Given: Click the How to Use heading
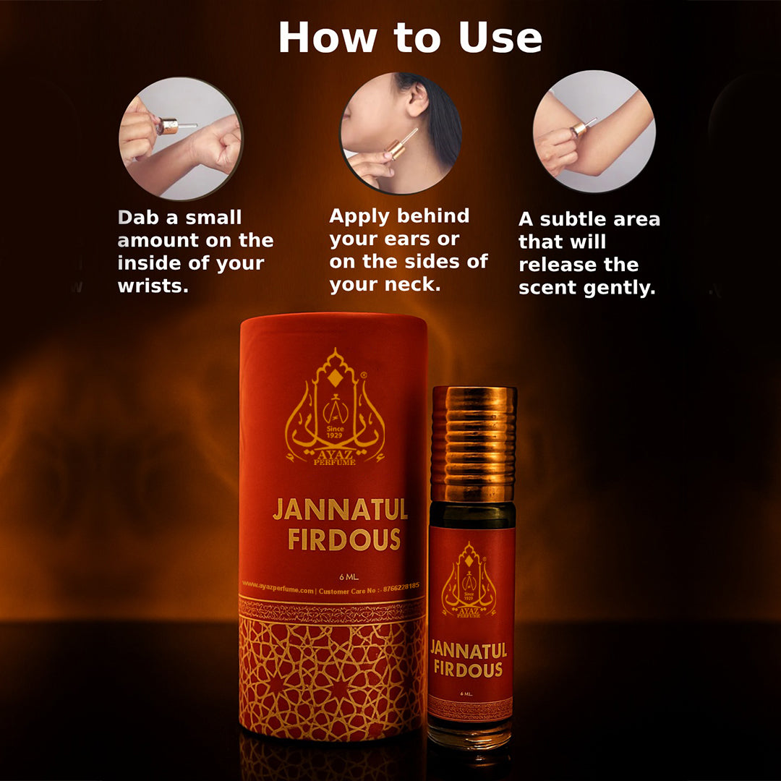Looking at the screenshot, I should (410, 37).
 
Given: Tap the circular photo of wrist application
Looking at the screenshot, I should (180, 138).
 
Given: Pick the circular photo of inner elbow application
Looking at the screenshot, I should (594, 132).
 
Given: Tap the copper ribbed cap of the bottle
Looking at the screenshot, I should (474, 434).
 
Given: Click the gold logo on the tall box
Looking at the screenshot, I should (334, 409).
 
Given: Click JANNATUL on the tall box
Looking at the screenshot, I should (340, 510).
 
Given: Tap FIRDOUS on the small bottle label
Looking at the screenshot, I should (468, 669).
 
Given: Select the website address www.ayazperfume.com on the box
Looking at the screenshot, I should (278, 590).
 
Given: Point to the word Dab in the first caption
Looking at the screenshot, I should (137, 218).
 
